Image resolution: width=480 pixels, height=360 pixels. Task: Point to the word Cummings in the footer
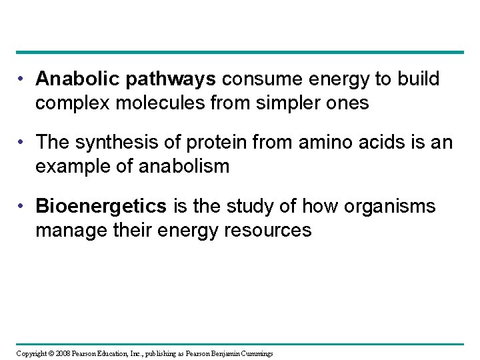pyautogui.click(x=253, y=353)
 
